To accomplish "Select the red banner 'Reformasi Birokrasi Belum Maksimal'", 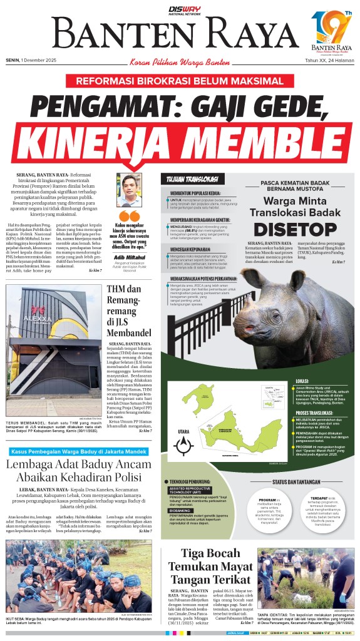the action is (x=180, y=82).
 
